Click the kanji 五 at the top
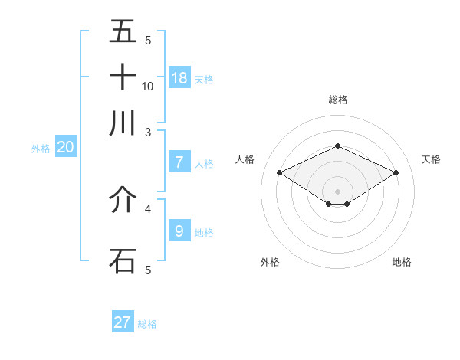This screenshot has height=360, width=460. click(x=123, y=31)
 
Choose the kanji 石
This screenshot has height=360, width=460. click(x=123, y=260)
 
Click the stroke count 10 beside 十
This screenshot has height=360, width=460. click(x=148, y=86)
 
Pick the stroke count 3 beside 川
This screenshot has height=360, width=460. click(x=148, y=132)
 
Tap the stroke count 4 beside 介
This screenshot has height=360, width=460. click(x=148, y=208)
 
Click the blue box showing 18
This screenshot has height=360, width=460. click(x=179, y=77)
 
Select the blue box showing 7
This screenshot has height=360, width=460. click(x=179, y=162)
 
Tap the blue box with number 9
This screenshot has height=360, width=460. click(x=179, y=231)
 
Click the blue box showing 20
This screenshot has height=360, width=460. click(x=65, y=147)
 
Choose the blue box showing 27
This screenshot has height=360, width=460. click(x=123, y=322)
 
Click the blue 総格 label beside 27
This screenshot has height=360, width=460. click(x=147, y=324)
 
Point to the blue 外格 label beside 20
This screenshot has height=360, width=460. click(x=41, y=149)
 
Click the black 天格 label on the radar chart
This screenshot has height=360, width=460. click(x=431, y=159)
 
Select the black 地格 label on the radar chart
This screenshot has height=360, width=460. click(x=402, y=262)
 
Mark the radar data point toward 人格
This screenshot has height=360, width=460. click(x=279, y=172)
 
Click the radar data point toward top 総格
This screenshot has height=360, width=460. click(x=337, y=145)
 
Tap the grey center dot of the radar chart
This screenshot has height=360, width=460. click(x=337, y=191)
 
